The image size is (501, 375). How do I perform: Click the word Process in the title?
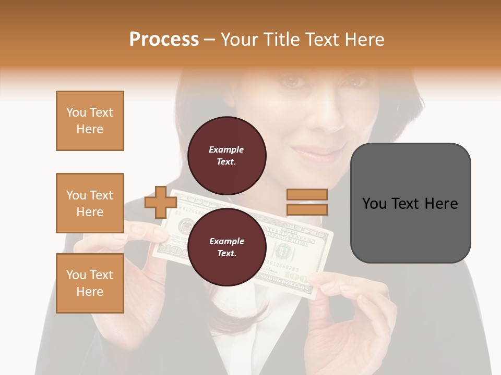point(164,40)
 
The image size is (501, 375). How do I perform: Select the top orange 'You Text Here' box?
point(90,121)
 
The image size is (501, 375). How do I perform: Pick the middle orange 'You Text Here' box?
point(90,203)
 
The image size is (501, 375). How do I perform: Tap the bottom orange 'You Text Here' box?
point(90,283)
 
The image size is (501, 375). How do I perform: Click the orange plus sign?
point(160,202)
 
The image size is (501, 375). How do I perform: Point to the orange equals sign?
point(307,202)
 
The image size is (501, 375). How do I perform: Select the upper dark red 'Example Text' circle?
point(226,156)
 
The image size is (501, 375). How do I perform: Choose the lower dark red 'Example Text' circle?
point(226,247)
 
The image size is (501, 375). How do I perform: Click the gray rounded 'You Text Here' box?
point(410,203)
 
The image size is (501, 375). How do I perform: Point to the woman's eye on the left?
point(293,82)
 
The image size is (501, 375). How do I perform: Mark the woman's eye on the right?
point(357,82)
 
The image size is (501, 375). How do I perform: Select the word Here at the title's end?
point(364,40)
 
